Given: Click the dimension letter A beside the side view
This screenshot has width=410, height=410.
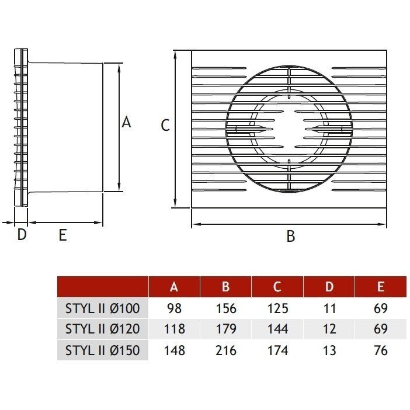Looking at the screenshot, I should coord(126,123).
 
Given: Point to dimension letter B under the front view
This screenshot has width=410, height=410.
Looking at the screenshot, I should coord(290,237).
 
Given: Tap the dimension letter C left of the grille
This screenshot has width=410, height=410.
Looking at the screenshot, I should coord(165,125).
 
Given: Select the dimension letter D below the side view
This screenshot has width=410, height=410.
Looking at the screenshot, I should coord(21,235).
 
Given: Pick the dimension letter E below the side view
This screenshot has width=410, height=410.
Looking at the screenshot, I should coord(63,235).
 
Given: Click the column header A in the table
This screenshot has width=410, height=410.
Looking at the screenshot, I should coord(174,287).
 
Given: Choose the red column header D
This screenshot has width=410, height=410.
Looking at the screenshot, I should coord(329,287).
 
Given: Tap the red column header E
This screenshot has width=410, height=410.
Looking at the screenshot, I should coord(381,287).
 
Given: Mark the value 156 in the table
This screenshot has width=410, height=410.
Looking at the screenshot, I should coord(225,308).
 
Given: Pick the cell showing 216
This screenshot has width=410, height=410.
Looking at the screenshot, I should coord(225,350).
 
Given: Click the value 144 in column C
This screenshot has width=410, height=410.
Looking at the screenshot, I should coord(277,329).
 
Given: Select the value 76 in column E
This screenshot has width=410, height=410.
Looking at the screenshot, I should coord(381,350).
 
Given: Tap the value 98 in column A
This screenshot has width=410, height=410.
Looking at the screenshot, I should coord(174,308).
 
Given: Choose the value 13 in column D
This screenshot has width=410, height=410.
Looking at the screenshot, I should coord(329,350).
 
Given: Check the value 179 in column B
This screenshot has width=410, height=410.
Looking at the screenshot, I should coord(225,329).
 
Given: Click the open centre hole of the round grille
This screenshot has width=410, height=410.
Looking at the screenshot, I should coord(289,128).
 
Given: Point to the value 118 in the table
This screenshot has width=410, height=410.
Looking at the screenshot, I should coord(174,329).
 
